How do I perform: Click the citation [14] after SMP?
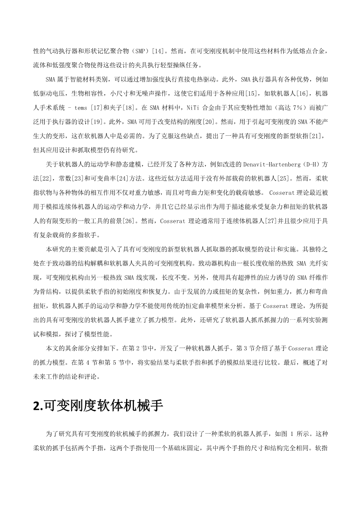(159, 51)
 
